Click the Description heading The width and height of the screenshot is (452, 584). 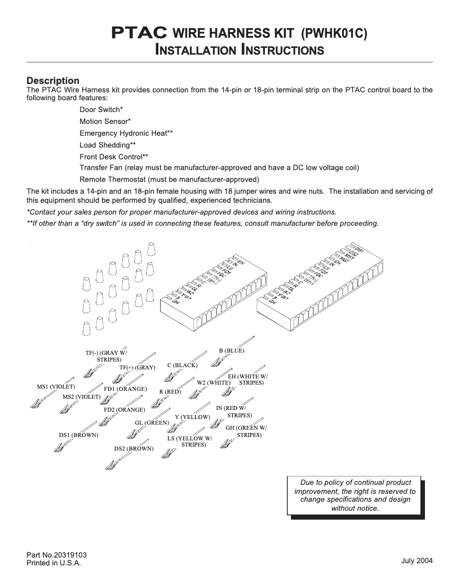[53, 81]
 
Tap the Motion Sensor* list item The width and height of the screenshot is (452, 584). [105, 121]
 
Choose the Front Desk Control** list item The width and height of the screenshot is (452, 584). [114, 157]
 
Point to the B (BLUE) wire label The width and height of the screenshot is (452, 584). [232, 350]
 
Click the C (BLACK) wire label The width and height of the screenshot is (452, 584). [183, 365]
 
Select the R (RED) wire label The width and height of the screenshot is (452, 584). [170, 391]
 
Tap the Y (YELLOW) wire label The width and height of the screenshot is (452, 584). [193, 417]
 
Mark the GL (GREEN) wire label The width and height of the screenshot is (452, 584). [152, 422]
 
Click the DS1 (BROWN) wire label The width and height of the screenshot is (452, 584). [78, 435]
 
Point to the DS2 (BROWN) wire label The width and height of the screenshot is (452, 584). [134, 448]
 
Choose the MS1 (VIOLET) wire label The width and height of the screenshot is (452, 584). [56, 386]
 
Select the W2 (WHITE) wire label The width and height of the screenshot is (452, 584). [214, 382]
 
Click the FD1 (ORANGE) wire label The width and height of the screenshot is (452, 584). [126, 389]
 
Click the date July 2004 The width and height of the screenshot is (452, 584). [417, 561]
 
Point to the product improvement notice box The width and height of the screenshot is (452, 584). [355, 496]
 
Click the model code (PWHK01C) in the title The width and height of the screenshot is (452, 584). [334, 33]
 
